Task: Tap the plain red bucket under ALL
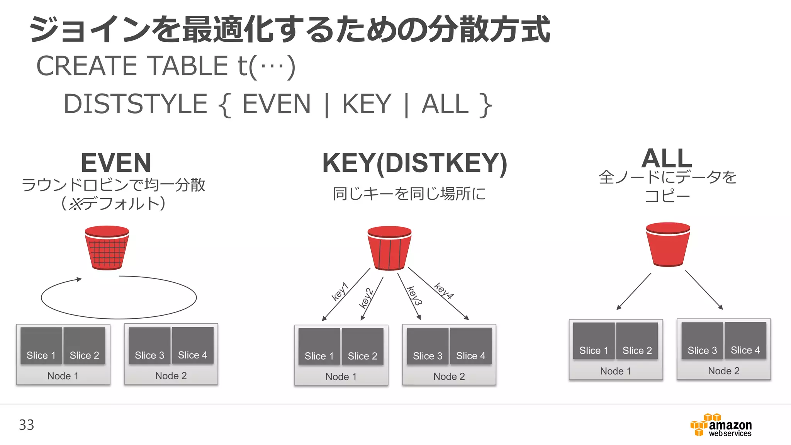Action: [668, 244]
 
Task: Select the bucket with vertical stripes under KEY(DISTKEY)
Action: [389, 248]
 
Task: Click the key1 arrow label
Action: [340, 291]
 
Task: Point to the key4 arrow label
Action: [443, 291]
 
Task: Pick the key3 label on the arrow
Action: [414, 296]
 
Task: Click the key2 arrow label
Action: [366, 298]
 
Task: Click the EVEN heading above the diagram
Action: [115, 163]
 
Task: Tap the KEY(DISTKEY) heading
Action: [414, 163]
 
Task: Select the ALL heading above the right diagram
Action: [667, 158]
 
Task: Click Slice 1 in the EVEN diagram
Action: [41, 346]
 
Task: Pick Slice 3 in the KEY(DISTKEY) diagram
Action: [428, 346]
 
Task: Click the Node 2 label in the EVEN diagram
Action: [171, 375]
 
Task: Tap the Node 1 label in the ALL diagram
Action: [616, 371]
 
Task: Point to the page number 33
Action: [27, 425]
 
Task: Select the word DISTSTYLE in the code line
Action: [136, 104]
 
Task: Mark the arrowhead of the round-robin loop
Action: [79, 279]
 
